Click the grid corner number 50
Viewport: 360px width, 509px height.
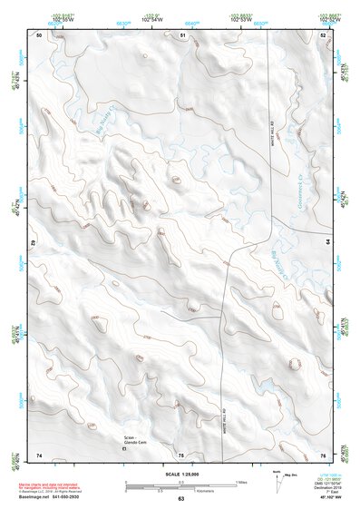(x=39, y=34)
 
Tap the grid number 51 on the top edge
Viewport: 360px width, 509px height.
(x=182, y=34)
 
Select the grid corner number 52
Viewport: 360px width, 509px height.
(x=323, y=34)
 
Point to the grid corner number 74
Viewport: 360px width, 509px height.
(x=39, y=454)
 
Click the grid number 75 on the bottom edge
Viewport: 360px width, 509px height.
(x=181, y=454)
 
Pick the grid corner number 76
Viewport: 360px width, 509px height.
(x=323, y=454)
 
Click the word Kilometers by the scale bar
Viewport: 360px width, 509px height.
(x=216, y=489)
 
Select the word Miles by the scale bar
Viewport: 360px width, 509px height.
(x=241, y=481)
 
